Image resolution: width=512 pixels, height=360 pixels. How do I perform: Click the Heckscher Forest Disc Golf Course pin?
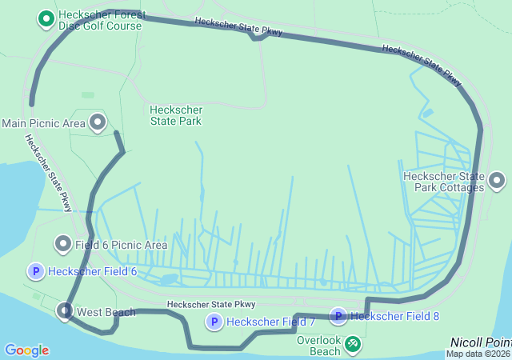coord(46,18)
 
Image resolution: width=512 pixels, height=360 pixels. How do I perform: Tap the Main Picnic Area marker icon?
coord(98,122)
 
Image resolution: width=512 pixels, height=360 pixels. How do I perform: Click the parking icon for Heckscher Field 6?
coord(35,271)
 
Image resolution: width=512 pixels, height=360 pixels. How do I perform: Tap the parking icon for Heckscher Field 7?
coord(214,322)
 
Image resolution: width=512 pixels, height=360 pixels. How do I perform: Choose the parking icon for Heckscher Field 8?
coord(338,316)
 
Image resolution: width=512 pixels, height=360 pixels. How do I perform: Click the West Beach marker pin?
coord(65,310)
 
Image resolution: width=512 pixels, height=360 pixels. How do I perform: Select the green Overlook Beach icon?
coord(352,344)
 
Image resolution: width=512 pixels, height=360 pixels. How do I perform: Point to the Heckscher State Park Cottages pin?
coord(497,182)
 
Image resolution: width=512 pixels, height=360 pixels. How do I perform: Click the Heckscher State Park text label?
coord(176,115)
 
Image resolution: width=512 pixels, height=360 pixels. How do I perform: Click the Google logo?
coord(26,350)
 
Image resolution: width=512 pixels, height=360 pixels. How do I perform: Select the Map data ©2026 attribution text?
coord(478,354)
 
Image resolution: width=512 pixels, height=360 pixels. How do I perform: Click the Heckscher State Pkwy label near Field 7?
coord(211,304)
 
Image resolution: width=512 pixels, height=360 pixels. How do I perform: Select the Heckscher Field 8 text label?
coord(394,316)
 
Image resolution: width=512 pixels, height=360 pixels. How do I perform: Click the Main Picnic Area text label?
coord(43,123)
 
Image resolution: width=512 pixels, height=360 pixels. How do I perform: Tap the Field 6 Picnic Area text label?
coord(122,245)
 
